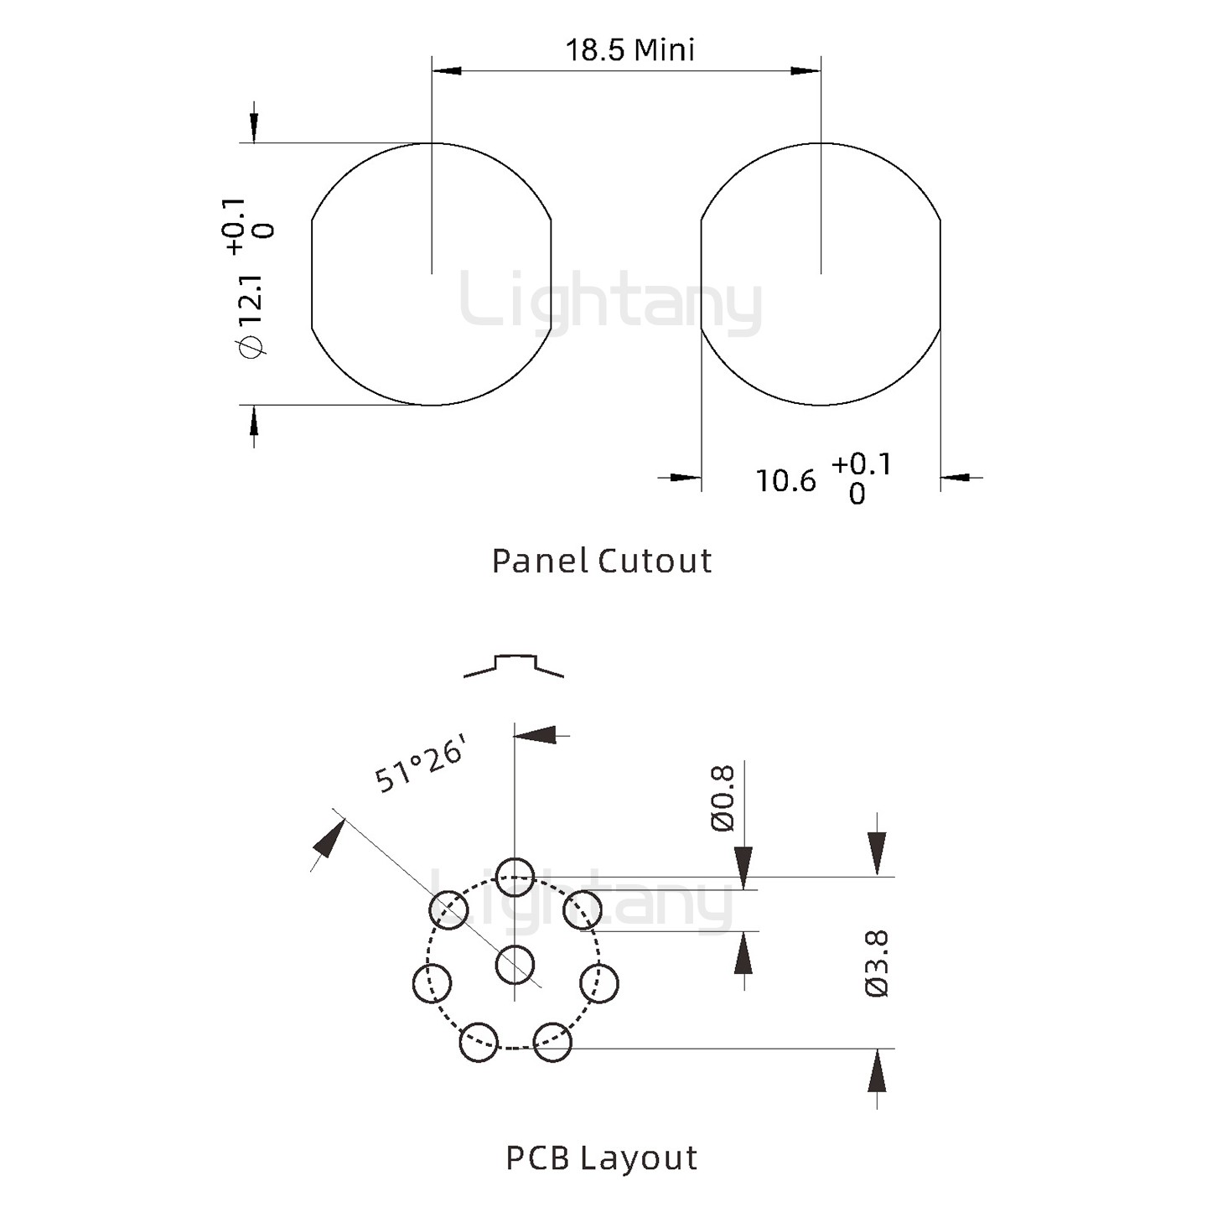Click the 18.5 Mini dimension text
point(630,50)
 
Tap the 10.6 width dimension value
point(786,480)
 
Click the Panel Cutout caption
point(602,561)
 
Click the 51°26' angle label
point(420,764)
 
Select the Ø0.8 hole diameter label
point(723,798)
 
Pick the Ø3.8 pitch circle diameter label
point(876,964)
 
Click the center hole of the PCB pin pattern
point(515,965)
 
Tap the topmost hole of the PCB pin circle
point(515,877)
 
